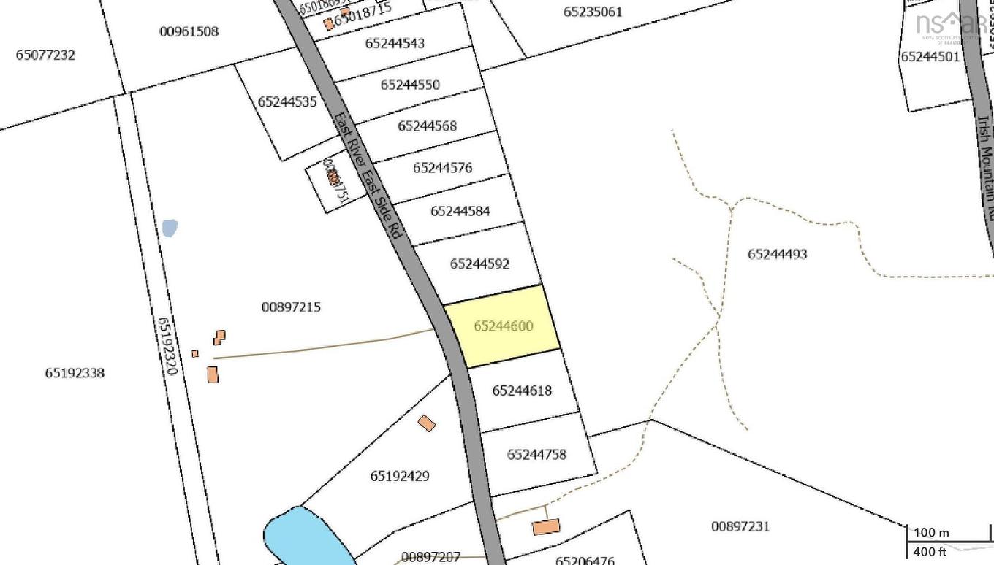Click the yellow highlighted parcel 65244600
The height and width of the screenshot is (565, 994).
pyautogui.click(x=503, y=326)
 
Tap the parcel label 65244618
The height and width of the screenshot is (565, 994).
pyautogui.click(x=522, y=391)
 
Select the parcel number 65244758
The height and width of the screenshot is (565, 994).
pyautogui.click(x=536, y=455)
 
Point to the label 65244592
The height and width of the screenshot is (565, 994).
pyautogui.click(x=479, y=264)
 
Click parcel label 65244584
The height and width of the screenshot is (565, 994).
pyautogui.click(x=460, y=211)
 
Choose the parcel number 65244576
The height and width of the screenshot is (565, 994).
pyautogui.click(x=442, y=168)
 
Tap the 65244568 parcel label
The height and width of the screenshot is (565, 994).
pyautogui.click(x=427, y=126)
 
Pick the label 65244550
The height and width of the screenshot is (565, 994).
pyautogui.click(x=410, y=85)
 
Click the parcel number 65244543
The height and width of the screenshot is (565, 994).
pyautogui.click(x=395, y=43)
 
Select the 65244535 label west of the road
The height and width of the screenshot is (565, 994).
pyautogui.click(x=287, y=102)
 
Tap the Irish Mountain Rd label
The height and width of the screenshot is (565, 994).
pyautogui.click(x=986, y=168)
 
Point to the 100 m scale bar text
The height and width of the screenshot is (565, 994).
pyautogui.click(x=931, y=533)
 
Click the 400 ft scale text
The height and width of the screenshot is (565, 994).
pyautogui.click(x=930, y=552)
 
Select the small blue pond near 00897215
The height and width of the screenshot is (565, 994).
pyautogui.click(x=170, y=228)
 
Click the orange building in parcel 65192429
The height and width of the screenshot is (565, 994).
pyautogui.click(x=427, y=423)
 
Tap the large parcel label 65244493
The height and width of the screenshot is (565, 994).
pyautogui.click(x=777, y=254)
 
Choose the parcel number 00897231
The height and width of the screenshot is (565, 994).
pyautogui.click(x=740, y=526)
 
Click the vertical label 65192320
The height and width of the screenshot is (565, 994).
pyautogui.click(x=167, y=345)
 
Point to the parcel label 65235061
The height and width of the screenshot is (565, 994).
pyautogui.click(x=593, y=12)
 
